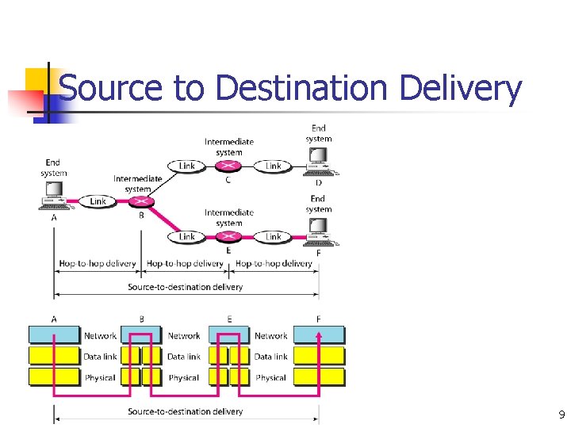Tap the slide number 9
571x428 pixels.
(561, 415)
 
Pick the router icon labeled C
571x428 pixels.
(229, 166)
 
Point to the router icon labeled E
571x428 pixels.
(229, 236)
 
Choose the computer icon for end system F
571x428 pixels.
(318, 230)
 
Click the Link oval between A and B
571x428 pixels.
(98, 201)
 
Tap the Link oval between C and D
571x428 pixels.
(273, 166)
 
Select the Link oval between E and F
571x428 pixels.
(273, 236)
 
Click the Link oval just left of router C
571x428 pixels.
(186, 166)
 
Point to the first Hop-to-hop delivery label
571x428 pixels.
(97, 263)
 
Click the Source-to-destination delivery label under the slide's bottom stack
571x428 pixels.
(185, 411)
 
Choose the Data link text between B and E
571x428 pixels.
(183, 357)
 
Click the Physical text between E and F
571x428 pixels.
(270, 377)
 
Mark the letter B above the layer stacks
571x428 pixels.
(141, 319)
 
